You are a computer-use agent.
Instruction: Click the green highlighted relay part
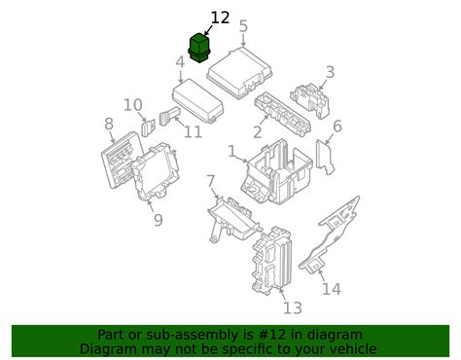198,47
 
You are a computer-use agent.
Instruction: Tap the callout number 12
221,18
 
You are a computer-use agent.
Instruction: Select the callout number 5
243,26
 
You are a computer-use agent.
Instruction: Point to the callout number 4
180,64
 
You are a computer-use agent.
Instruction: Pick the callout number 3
330,71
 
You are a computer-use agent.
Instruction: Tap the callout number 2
257,131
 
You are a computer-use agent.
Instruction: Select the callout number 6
337,126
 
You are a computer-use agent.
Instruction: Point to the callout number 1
231,152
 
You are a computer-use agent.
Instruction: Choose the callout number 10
133,104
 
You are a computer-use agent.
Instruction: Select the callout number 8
109,124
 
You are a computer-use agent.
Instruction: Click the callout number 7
211,181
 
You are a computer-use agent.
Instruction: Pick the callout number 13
292,308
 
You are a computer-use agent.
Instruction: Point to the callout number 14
332,289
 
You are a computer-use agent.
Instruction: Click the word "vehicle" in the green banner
347,348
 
